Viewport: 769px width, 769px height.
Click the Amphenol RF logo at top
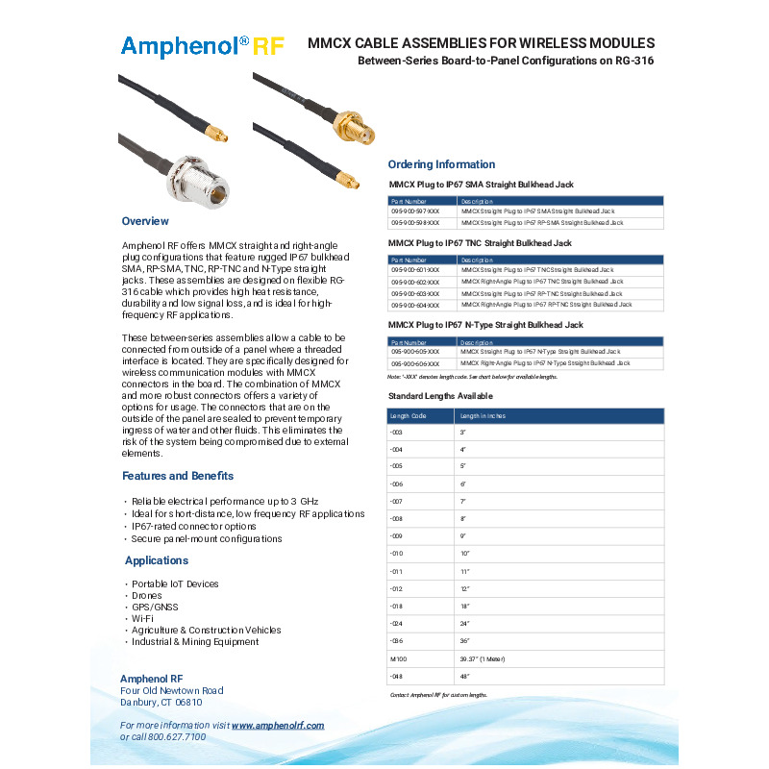click(202, 46)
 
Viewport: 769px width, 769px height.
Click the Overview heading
click(146, 221)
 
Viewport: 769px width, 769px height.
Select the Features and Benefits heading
click(178, 476)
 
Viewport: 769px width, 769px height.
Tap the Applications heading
click(157, 560)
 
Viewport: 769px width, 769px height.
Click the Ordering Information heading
click(441, 164)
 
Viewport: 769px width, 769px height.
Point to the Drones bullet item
click(147, 596)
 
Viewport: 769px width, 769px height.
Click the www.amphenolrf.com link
click(278, 725)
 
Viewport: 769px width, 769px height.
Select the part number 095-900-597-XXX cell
click(415, 211)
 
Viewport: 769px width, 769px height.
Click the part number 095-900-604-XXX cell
click(415, 305)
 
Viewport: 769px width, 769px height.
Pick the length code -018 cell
click(396, 607)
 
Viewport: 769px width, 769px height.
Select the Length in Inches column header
click(484, 415)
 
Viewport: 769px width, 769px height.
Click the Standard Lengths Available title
click(440, 396)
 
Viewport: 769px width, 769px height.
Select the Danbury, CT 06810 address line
click(161, 703)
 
